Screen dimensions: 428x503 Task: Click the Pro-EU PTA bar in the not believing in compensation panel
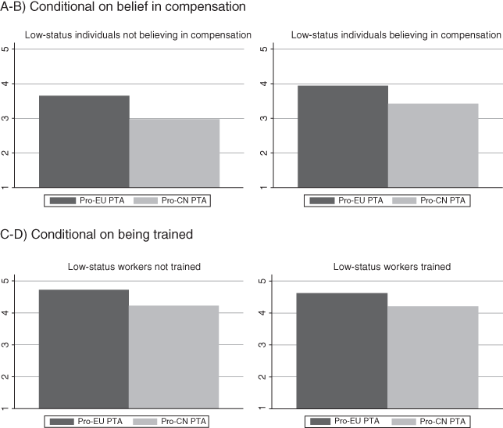coord(84,142)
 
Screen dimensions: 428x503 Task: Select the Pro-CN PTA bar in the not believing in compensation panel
coord(174,153)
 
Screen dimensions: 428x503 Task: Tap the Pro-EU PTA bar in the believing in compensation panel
coord(343,137)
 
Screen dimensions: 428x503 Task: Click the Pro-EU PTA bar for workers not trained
coord(84,349)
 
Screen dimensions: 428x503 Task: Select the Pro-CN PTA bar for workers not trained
coord(174,357)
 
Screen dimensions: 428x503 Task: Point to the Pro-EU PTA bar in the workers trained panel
coord(343,351)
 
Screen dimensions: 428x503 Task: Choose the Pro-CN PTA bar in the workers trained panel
coord(433,357)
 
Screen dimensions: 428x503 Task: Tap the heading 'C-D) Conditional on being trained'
coord(97,232)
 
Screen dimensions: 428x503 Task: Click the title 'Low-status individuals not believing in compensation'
coord(138,35)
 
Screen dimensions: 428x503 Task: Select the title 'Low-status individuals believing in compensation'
coord(395,35)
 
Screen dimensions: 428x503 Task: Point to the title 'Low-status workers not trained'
coord(134,267)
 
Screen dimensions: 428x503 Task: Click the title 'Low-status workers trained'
coord(393,267)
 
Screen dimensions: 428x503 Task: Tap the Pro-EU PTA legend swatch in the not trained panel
coord(62,422)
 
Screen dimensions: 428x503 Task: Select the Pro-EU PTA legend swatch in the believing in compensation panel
coord(321,201)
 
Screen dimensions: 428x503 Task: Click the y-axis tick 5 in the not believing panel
coord(5,49)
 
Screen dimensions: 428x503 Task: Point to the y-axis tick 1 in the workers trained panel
coord(264,408)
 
